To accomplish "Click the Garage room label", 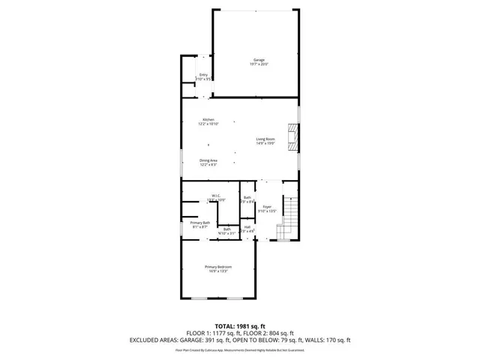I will [x=259, y=60].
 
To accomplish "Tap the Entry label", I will [x=202, y=74].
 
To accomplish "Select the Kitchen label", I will [x=208, y=120].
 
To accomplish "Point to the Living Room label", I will [x=265, y=139].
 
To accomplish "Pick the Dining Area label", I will [x=208, y=160].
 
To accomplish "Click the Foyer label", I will [x=267, y=207].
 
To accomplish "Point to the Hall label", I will [x=247, y=226].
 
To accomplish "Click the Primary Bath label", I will [x=199, y=223].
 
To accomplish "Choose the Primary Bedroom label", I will [x=219, y=267].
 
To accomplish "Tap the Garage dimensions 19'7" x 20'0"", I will [x=259, y=64].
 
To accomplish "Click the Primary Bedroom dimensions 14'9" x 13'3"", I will [x=219, y=271].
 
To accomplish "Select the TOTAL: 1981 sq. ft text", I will [x=240, y=325].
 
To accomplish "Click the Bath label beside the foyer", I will [x=247, y=197].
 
